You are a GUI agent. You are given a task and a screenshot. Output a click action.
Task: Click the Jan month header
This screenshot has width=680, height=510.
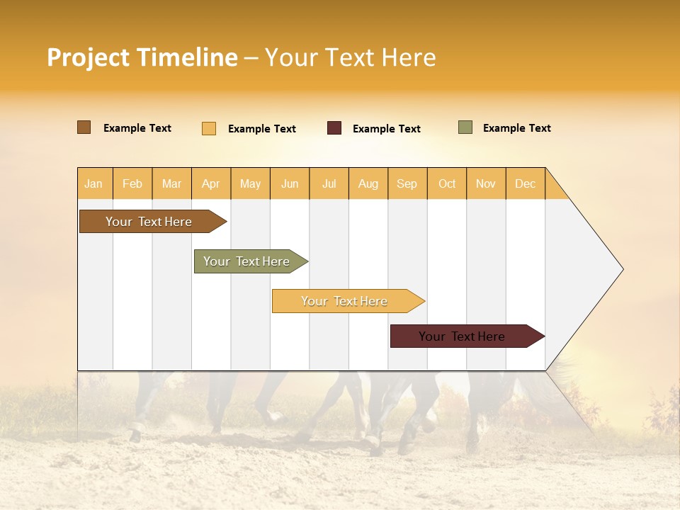tap(94, 183)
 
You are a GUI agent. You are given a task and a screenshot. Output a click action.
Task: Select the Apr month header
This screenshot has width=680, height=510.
tap(211, 183)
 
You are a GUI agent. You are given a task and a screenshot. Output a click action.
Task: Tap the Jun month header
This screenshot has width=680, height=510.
tap(290, 183)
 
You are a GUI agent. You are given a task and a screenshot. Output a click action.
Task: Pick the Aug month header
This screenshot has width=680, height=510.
tap(368, 183)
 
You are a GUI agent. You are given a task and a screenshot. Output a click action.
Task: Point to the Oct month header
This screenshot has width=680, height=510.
tap(447, 183)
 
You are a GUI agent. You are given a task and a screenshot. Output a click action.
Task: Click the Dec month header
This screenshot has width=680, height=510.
tap(526, 183)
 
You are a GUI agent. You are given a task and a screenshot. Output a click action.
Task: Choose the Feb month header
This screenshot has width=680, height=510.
tap(132, 183)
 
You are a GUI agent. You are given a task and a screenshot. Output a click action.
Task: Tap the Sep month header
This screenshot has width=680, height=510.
tap(407, 183)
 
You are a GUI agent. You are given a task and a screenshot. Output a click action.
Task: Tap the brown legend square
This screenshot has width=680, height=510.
tap(84, 127)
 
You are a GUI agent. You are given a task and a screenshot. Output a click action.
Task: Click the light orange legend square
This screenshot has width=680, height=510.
tap(209, 128)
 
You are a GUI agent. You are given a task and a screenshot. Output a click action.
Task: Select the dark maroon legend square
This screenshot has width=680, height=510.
tap(334, 128)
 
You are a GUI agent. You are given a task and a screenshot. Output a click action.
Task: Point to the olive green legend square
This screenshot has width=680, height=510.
tap(465, 127)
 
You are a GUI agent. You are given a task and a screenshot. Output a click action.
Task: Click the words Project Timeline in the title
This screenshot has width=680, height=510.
tap(142, 57)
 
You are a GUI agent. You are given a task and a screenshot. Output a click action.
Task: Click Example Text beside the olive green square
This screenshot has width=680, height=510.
tap(516, 128)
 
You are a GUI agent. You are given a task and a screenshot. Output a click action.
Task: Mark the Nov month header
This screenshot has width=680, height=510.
tap(486, 183)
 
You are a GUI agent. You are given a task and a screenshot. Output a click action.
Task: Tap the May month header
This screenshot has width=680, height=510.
tap(250, 183)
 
